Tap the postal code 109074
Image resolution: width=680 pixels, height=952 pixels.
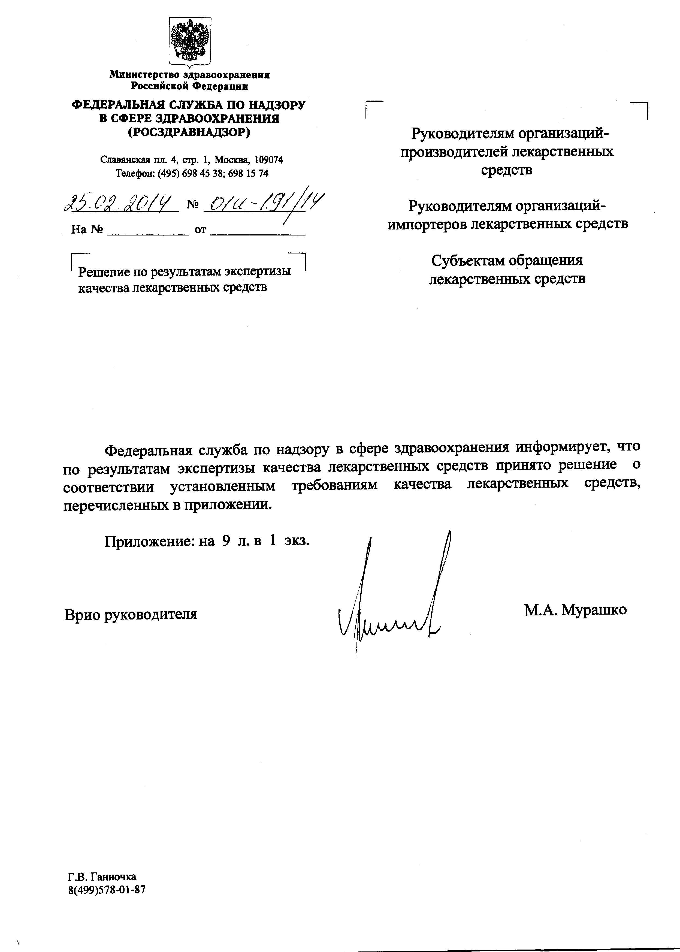(x=269, y=159)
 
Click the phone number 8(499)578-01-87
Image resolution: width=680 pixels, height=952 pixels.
(x=107, y=890)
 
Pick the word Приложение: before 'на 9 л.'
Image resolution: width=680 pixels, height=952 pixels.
(x=149, y=541)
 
